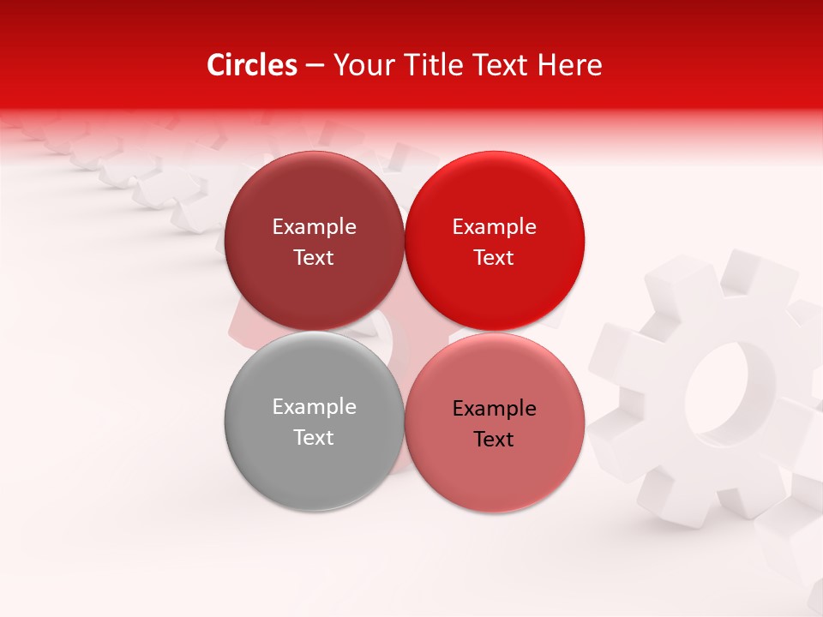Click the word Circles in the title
click(x=251, y=65)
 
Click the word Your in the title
click(x=361, y=65)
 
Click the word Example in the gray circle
click(x=314, y=407)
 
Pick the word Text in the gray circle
click(x=314, y=438)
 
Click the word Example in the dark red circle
click(x=314, y=227)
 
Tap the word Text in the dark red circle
click(x=314, y=258)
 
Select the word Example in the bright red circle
click(x=494, y=227)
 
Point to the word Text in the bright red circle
click(x=494, y=258)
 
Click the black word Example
click(x=494, y=409)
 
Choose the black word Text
click(x=494, y=440)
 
